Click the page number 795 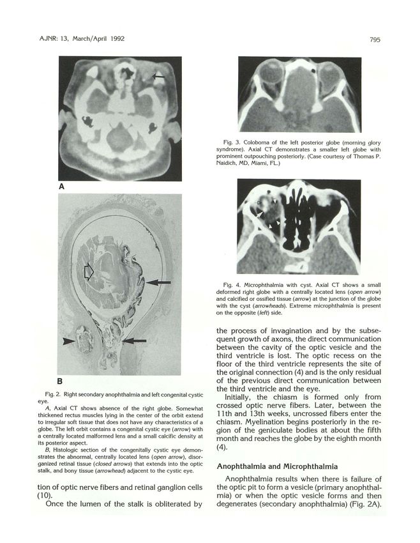[x=375, y=40]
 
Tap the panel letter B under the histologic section [x=62, y=382]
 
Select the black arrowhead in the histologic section [x=70, y=342]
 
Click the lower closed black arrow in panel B [x=135, y=342]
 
